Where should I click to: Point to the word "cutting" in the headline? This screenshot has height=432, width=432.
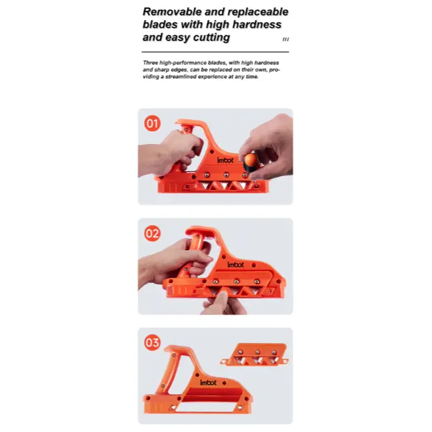(x=208, y=37)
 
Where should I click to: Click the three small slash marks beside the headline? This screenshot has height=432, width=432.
(x=285, y=39)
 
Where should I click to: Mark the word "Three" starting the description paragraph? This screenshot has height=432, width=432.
(x=150, y=63)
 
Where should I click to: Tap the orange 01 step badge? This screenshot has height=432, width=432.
(x=152, y=123)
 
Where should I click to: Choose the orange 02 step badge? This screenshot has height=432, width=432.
(x=152, y=233)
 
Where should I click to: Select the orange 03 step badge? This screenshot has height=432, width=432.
(x=152, y=343)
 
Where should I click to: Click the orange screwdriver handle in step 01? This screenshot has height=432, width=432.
(x=251, y=161)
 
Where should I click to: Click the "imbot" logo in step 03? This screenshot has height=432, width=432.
(x=209, y=382)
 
